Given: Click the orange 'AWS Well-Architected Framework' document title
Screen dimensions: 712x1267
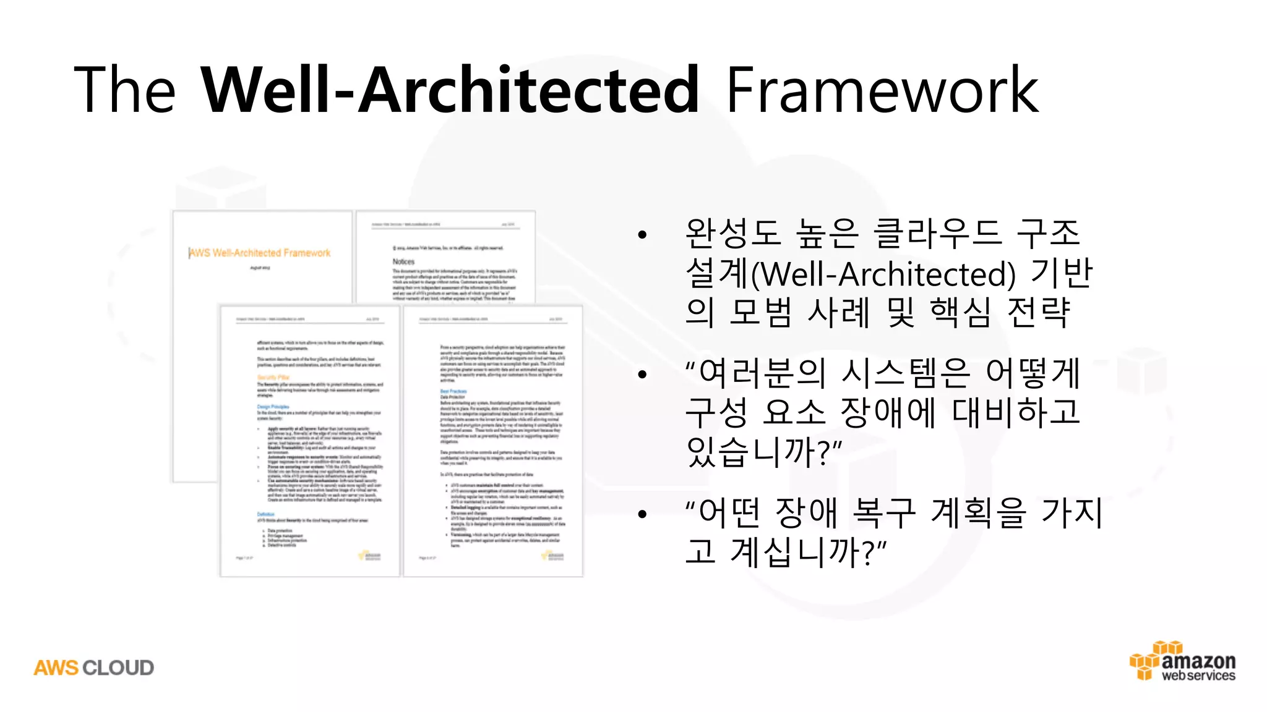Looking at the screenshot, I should [x=260, y=253].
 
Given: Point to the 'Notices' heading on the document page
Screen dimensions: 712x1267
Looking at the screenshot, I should [x=403, y=261].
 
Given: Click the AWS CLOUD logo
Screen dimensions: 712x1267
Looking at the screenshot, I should [x=94, y=667].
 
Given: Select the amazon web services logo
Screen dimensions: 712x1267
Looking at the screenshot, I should [x=1183, y=661].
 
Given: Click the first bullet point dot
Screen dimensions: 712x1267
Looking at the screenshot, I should [x=642, y=235].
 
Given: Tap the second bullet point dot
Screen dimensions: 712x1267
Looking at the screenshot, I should [x=642, y=374].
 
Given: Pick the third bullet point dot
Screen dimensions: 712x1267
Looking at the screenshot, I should [x=642, y=514].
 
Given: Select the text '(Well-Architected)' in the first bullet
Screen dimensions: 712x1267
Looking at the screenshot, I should [x=883, y=274].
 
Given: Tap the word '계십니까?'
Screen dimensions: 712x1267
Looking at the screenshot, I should [x=808, y=552].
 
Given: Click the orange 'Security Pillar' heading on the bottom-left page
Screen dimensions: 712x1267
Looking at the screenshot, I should [x=273, y=377].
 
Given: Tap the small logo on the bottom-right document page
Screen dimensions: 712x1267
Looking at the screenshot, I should [x=555, y=556].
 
